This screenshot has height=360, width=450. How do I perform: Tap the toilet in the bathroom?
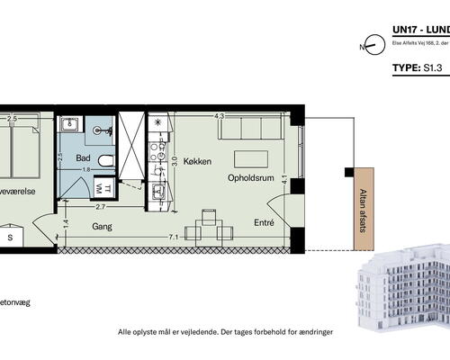click(105, 161)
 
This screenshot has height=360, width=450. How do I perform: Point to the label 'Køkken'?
click(197, 162)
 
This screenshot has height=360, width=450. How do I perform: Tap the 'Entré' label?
click(264, 220)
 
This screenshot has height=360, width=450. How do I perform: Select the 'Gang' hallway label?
click(102, 228)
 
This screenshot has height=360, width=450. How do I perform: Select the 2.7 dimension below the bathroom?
click(102, 207)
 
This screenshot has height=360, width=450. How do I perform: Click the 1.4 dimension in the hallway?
click(65, 224)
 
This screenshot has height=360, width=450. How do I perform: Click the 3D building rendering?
click(400, 290)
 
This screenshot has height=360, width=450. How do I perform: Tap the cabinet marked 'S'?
click(10, 237)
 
